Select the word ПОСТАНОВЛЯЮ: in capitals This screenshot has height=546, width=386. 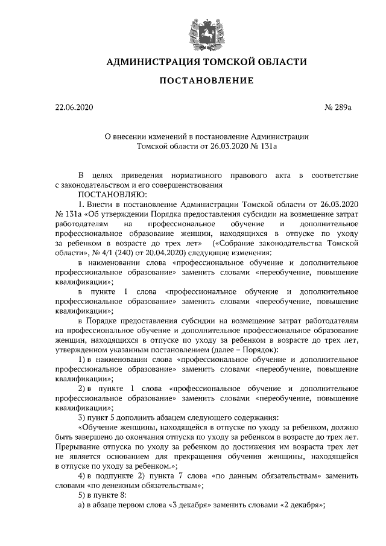tap(109, 194)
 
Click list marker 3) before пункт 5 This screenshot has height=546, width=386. tap(83, 417)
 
